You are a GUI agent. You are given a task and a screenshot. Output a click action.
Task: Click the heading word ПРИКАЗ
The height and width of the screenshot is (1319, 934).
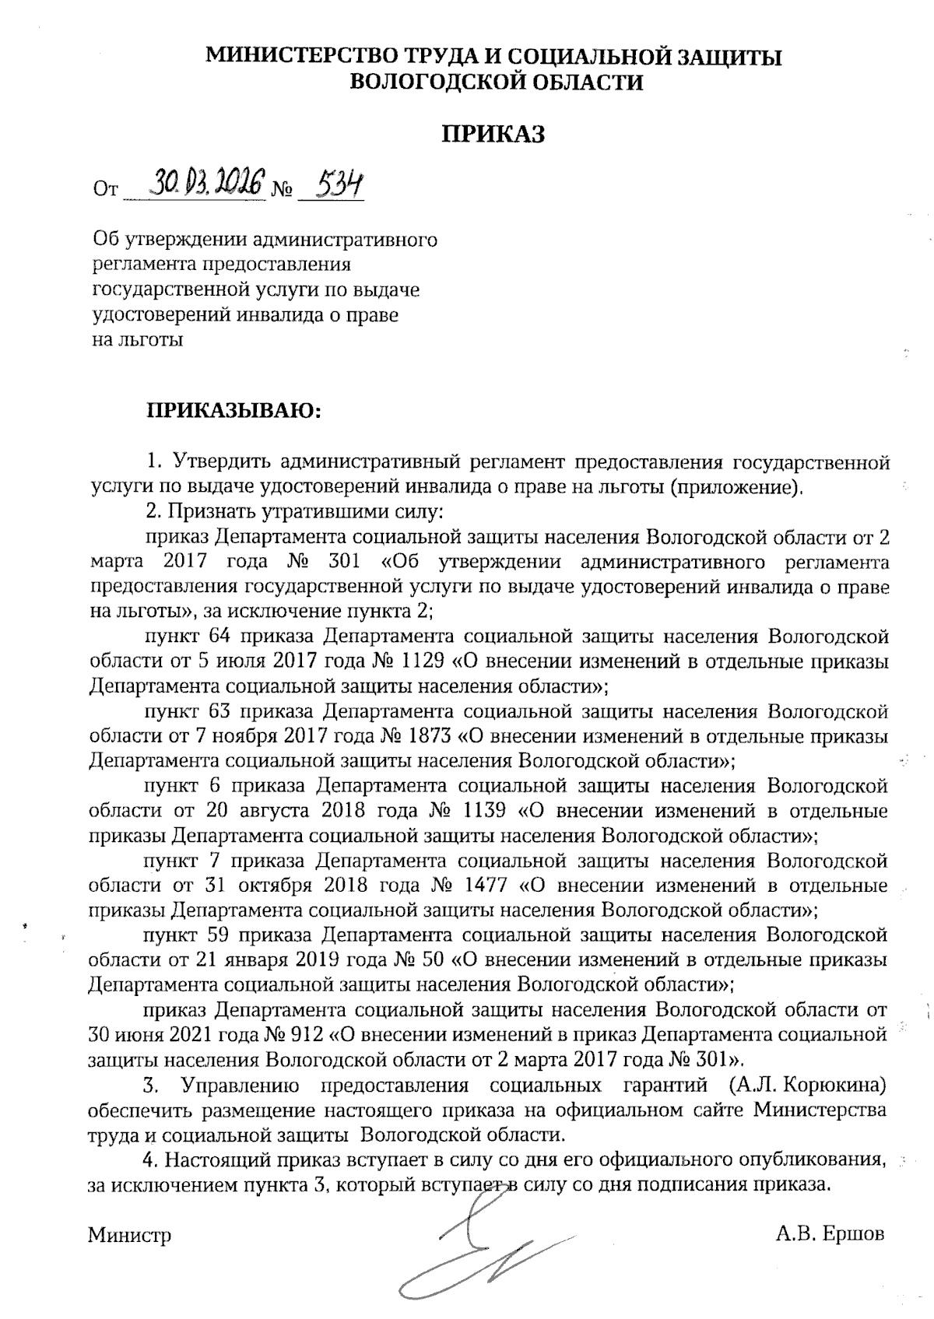(493, 134)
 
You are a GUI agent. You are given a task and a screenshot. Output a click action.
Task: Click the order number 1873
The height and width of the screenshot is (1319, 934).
(427, 735)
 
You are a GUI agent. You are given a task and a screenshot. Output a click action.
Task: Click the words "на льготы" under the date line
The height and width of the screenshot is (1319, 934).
(138, 339)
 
